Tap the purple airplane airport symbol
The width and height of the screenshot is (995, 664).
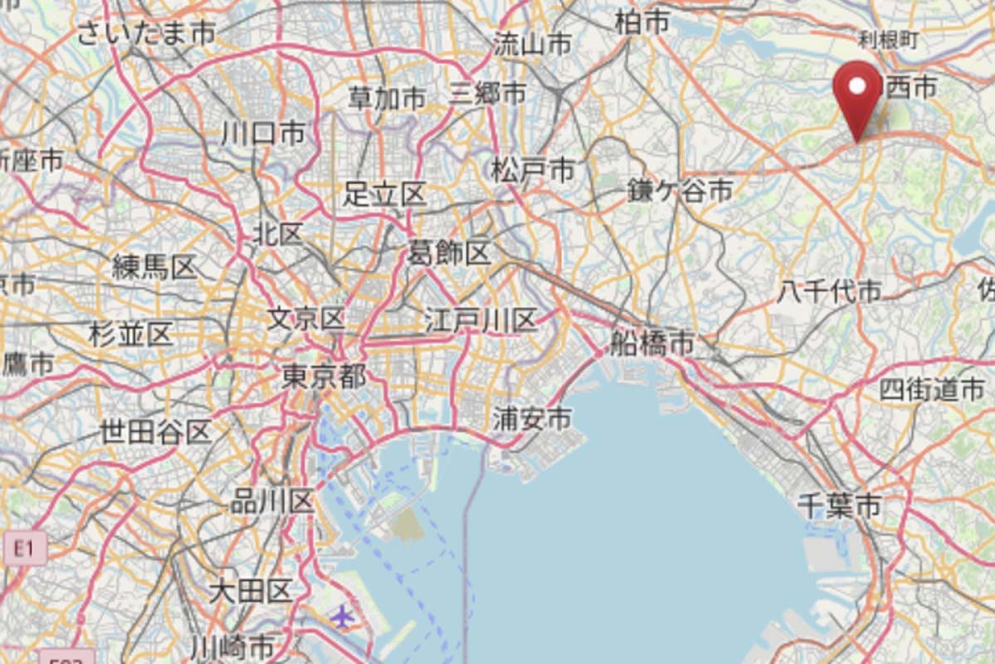(x=341, y=616)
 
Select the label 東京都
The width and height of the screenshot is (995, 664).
(x=324, y=377)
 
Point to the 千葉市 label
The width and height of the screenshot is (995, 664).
(x=838, y=505)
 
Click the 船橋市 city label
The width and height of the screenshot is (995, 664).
(x=651, y=343)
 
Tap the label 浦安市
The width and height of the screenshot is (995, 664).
(x=531, y=419)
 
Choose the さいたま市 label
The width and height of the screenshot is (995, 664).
(x=146, y=32)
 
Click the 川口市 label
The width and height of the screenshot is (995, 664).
(x=262, y=133)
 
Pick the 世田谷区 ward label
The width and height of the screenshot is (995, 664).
(x=155, y=432)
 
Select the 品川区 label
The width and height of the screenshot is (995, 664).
(x=272, y=501)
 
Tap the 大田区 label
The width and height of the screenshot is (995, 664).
(x=250, y=592)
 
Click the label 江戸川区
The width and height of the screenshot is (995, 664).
(x=480, y=320)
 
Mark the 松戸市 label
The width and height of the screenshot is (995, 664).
(x=532, y=171)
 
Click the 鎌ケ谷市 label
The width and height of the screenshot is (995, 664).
(x=679, y=191)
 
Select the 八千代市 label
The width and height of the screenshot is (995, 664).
(x=829, y=291)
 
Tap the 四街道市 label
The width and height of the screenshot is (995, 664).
(x=931, y=389)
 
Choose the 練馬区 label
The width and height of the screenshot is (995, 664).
(x=154, y=267)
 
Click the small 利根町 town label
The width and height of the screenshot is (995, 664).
(x=888, y=39)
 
